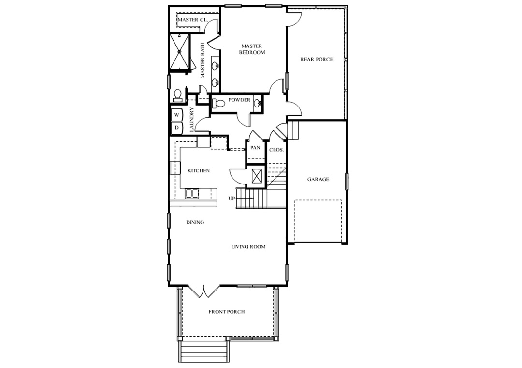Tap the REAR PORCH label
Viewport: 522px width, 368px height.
[317, 60]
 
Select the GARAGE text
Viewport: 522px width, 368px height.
[318, 179]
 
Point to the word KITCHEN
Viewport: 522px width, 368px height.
[199, 171]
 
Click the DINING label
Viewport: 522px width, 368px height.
[195, 222]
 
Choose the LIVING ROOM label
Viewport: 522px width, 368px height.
[248, 247]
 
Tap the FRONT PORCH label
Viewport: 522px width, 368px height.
[227, 312]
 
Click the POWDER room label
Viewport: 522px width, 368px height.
[239, 100]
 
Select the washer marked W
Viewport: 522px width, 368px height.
[177, 114]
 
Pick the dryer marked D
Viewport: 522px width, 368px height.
[177, 128]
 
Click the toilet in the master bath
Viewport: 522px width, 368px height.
[177, 95]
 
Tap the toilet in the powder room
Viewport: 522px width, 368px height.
[217, 104]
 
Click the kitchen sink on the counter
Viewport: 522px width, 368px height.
[192, 194]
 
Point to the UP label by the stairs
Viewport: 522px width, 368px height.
[232, 199]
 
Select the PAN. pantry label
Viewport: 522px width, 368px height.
[256, 148]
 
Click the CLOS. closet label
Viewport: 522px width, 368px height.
[276, 150]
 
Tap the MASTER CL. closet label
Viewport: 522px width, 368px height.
[193, 20]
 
